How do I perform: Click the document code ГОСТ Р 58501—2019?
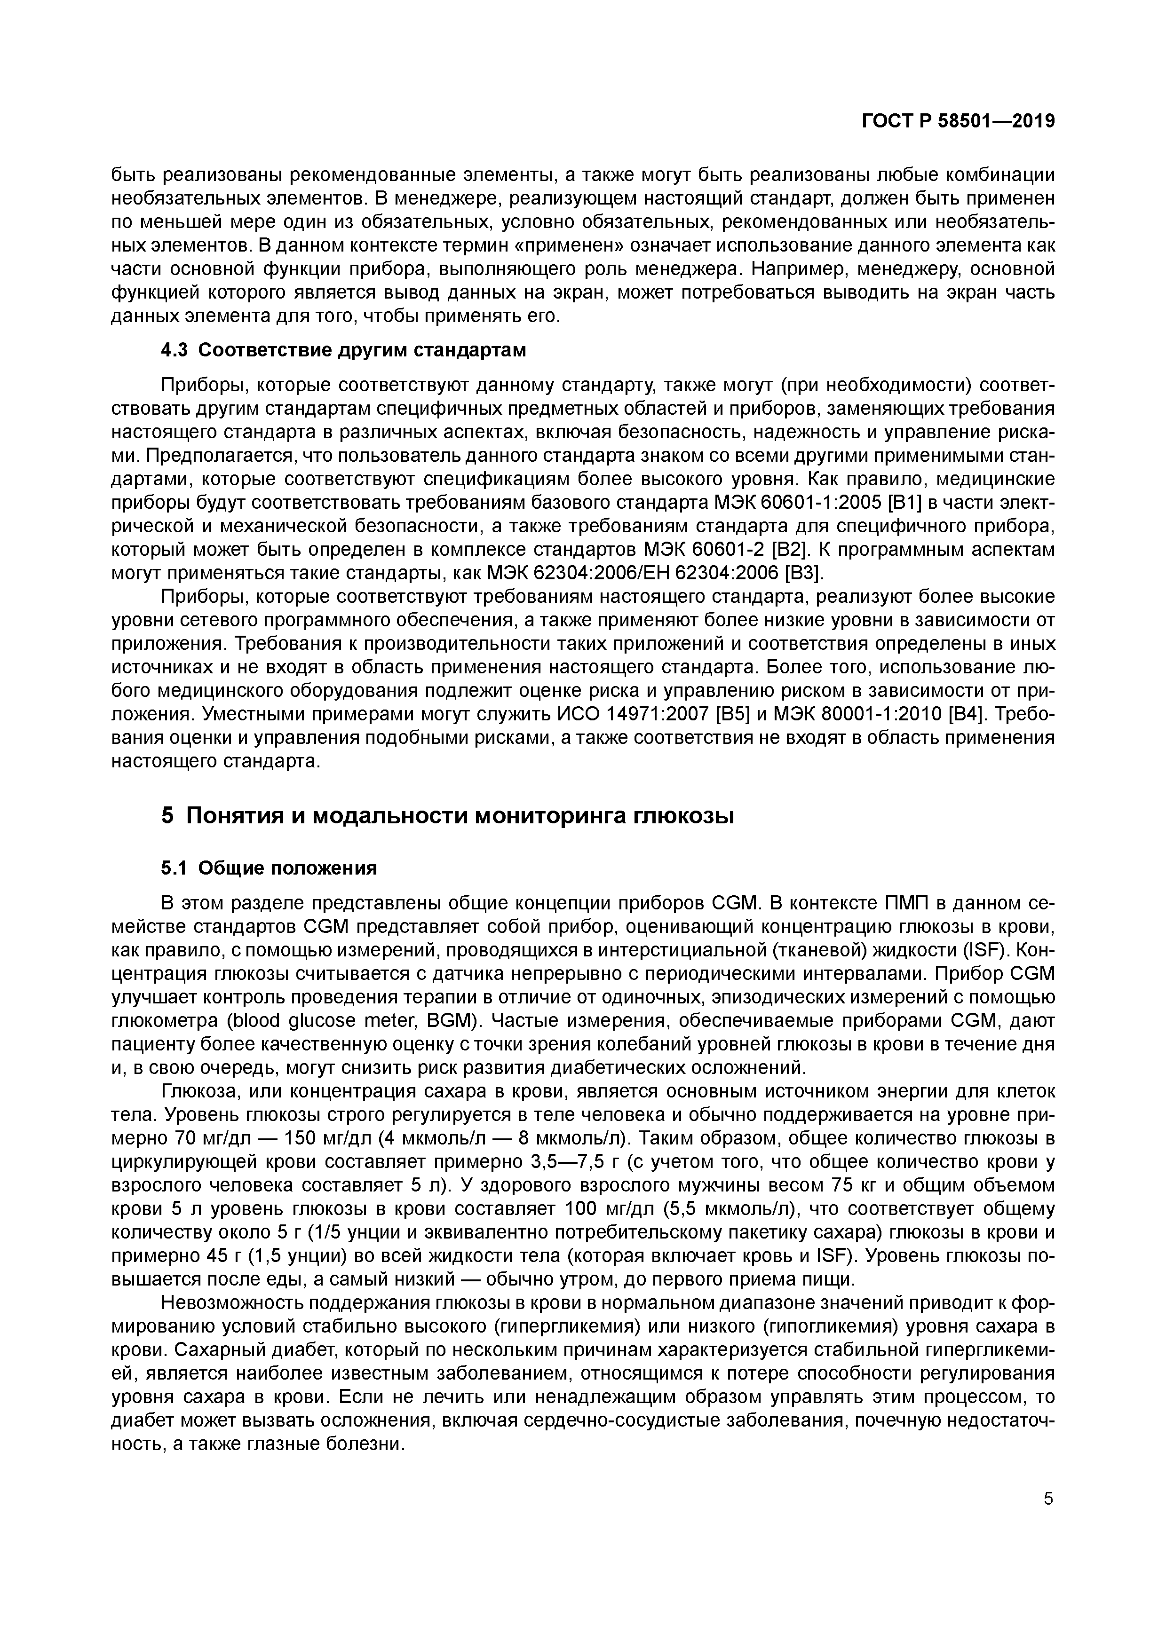click(959, 121)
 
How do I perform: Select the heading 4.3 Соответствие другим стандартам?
click(343, 350)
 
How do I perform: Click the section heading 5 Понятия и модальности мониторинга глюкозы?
click(448, 816)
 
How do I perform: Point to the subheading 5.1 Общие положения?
click(270, 868)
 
